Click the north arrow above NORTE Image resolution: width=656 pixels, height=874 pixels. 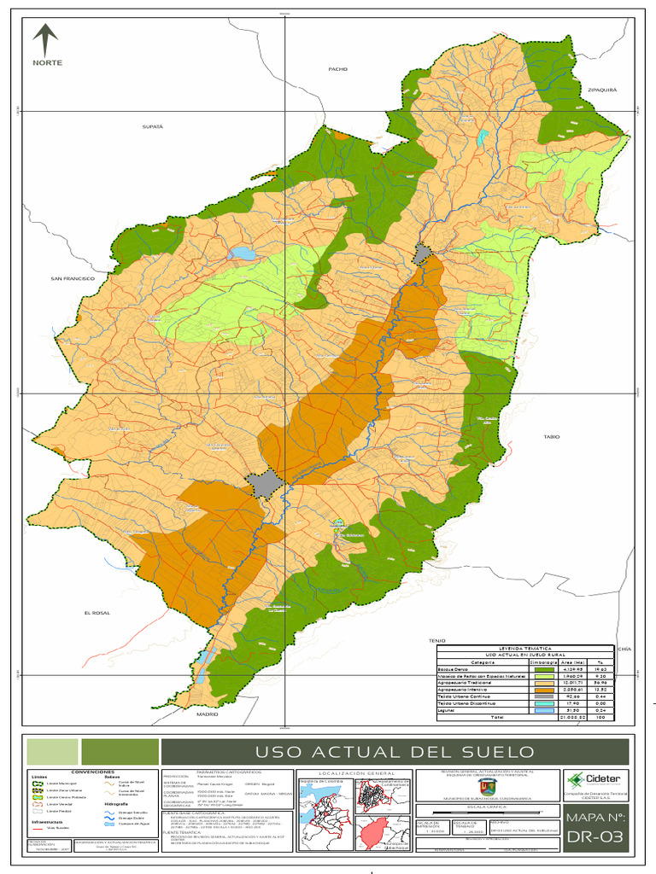44,39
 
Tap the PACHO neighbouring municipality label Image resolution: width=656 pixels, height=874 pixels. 338,68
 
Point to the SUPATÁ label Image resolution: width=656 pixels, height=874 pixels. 152,125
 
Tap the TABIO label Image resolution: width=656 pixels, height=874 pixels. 551,436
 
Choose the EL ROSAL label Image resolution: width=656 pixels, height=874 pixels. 98,614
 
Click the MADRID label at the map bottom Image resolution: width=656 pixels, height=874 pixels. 208,714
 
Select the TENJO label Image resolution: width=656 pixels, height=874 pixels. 438,639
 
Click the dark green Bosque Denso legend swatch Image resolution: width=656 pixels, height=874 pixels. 543,670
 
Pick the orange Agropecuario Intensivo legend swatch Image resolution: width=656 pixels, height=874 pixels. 543,689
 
